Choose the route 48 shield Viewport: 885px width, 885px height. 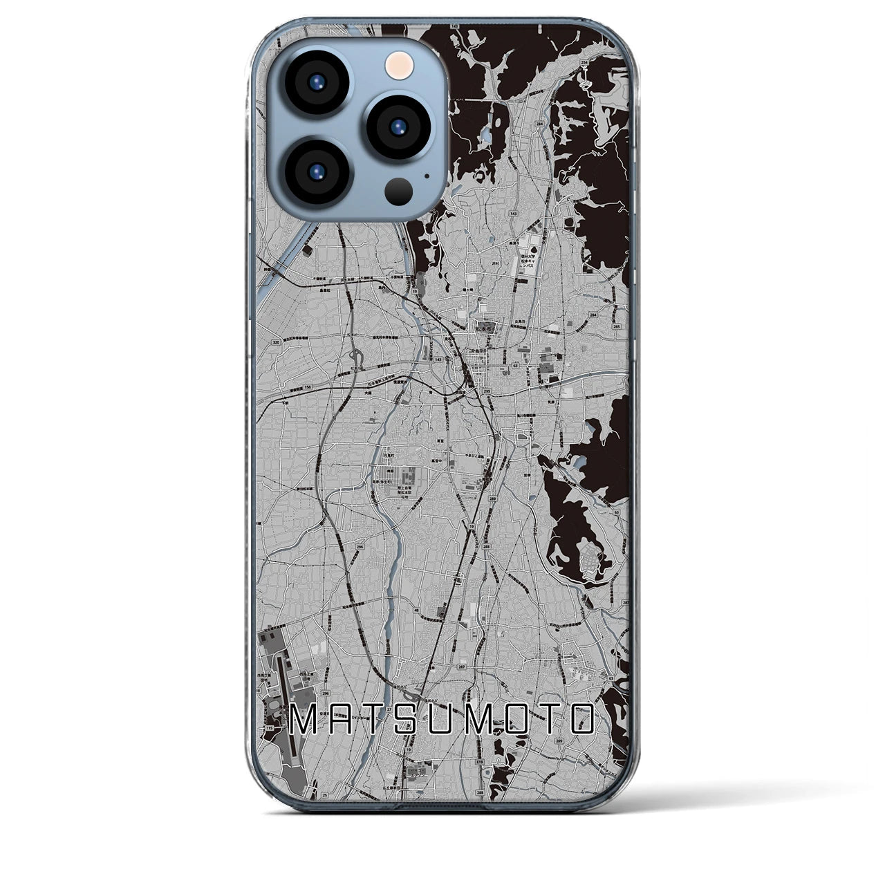click(x=415, y=610)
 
